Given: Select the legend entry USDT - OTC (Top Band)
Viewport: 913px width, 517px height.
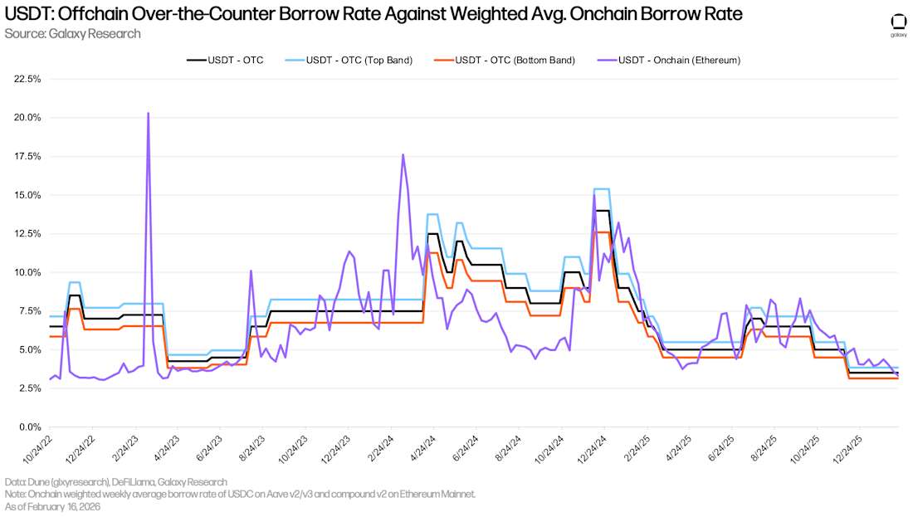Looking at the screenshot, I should coord(359,60).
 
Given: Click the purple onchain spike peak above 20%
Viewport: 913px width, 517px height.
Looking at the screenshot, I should coord(148,113).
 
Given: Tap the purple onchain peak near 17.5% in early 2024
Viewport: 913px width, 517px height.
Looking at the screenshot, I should coord(403,154).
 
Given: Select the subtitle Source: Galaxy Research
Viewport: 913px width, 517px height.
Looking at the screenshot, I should coord(72,33).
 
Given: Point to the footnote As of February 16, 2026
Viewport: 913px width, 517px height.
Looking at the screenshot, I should coord(51,505).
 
